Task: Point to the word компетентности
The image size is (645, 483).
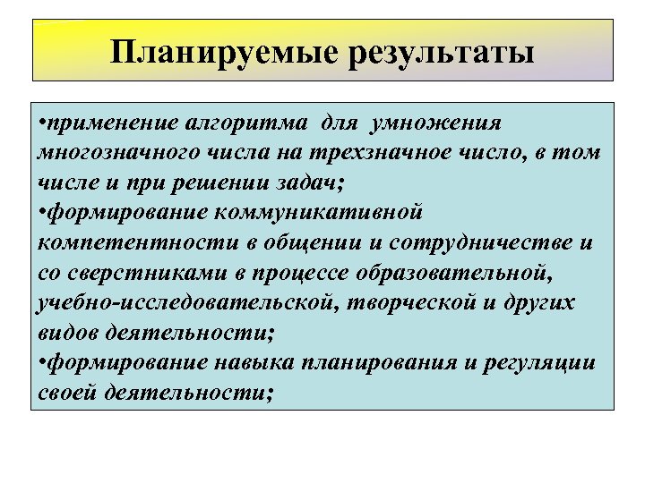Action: pos(116,242)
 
